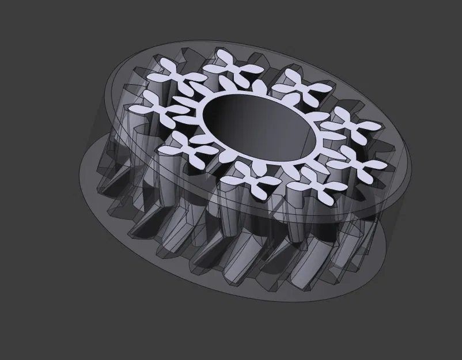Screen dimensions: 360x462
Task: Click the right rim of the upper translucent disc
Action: (x=410, y=167)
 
